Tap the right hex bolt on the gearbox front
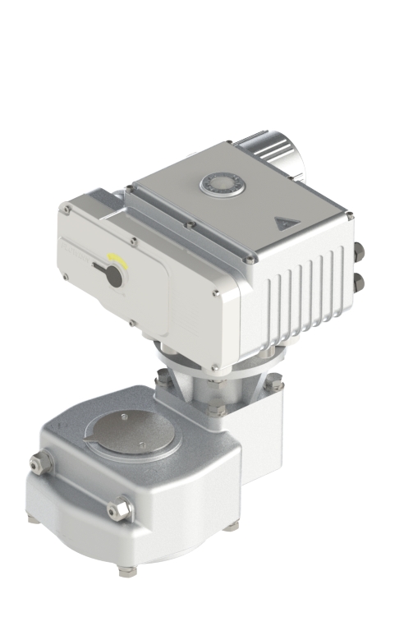tap(121, 509)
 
